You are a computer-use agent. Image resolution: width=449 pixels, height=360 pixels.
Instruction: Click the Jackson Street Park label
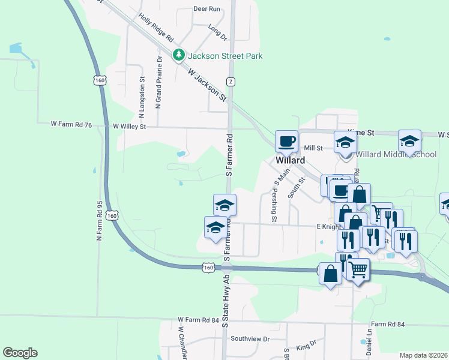pyautogui.click(x=225, y=56)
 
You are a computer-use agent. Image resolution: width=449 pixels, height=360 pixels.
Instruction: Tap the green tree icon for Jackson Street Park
pyautogui.click(x=178, y=56)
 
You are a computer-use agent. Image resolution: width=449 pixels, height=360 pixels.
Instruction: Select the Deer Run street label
pyautogui.click(x=207, y=10)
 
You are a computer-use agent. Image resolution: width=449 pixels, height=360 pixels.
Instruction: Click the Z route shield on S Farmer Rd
pyautogui.click(x=231, y=81)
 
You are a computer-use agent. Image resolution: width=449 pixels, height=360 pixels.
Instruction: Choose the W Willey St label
pyautogui.click(x=130, y=127)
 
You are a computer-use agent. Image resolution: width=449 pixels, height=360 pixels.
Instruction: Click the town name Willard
pyautogui.click(x=291, y=160)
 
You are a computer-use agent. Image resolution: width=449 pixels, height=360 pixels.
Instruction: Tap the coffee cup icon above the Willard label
pyautogui.click(x=286, y=141)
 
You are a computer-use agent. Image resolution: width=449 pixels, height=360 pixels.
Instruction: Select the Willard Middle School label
pyautogui.click(x=396, y=154)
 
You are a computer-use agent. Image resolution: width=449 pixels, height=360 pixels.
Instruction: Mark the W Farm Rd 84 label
pyautogui.click(x=198, y=321)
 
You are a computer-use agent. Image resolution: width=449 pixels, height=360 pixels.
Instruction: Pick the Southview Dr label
pyautogui.click(x=250, y=339)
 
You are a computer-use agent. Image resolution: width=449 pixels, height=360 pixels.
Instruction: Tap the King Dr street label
pyautogui.click(x=306, y=345)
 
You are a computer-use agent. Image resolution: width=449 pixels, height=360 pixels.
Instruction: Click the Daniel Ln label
pyautogui.click(x=370, y=340)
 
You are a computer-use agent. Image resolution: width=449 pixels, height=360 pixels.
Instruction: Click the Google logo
pyautogui.click(x=20, y=353)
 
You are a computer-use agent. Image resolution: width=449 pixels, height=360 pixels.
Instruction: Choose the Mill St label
pyautogui.click(x=313, y=148)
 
